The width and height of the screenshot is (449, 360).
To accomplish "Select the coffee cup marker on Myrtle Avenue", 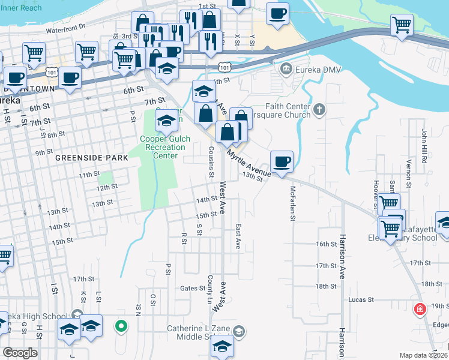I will click(x=282, y=161).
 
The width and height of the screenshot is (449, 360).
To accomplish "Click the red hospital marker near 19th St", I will click(x=421, y=310).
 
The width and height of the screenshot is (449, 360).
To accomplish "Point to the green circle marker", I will click(x=121, y=327).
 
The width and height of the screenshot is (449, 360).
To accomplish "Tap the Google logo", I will click(x=20, y=353).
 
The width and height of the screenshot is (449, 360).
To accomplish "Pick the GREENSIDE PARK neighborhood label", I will click(x=91, y=158).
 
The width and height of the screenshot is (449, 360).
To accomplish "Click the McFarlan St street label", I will click(x=293, y=204).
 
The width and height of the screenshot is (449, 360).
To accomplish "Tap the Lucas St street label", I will click(x=361, y=299).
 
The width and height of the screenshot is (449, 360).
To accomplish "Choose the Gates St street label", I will click(x=193, y=289).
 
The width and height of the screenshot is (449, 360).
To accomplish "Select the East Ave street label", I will click(x=238, y=237).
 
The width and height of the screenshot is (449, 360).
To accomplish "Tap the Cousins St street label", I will click(x=211, y=162).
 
